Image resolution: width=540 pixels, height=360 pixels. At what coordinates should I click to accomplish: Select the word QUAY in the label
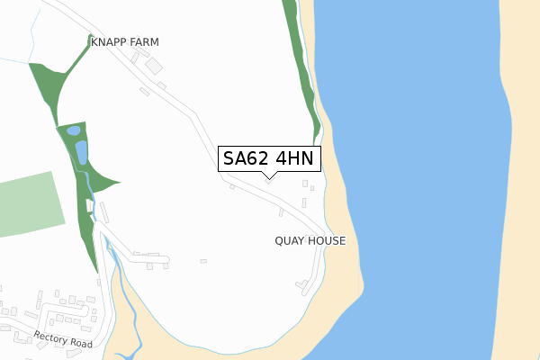(292, 241)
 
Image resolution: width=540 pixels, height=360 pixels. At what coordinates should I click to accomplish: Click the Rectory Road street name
(64, 340)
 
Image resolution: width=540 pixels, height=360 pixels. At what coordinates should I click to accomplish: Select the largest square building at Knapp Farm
(154, 66)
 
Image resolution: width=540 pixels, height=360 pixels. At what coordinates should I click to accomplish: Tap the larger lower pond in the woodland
(81, 151)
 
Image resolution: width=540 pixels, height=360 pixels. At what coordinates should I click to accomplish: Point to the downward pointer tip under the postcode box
(268, 176)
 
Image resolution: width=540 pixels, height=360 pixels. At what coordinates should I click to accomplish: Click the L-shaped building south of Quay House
(301, 287)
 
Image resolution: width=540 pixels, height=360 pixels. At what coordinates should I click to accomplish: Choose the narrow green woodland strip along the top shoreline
(301, 67)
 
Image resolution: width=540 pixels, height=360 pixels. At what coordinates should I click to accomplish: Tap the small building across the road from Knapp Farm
(144, 91)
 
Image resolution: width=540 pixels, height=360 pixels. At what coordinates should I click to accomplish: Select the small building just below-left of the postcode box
(232, 187)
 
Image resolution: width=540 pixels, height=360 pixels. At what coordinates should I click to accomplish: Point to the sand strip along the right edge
(522, 180)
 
